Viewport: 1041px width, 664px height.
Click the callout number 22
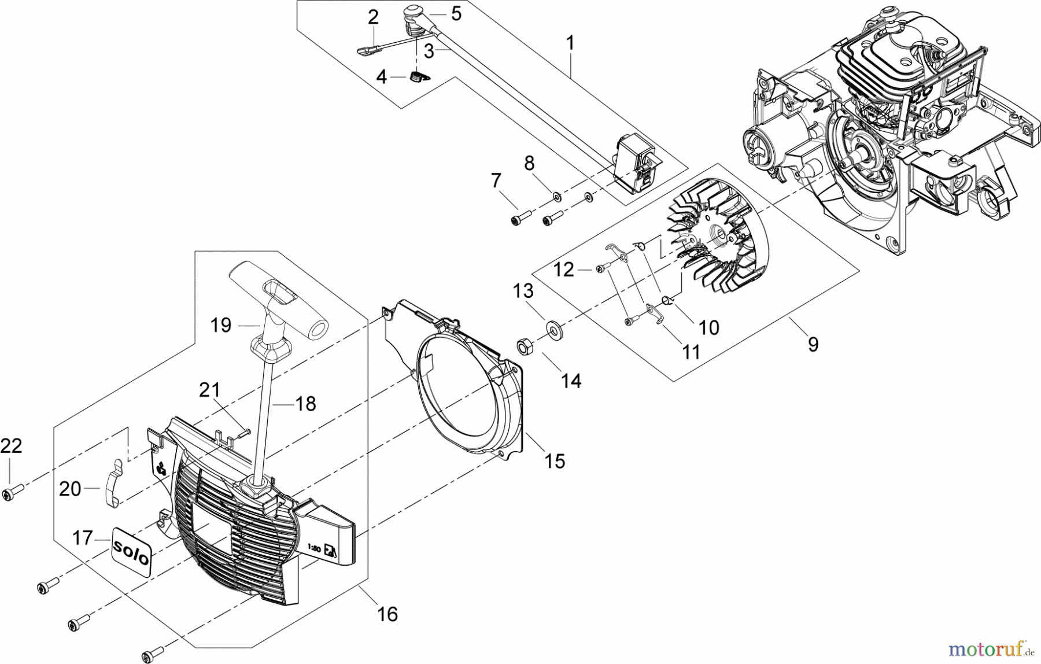coord(11,446)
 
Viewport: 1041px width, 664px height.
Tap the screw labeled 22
coord(12,493)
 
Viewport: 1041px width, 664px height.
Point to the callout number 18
coord(305,404)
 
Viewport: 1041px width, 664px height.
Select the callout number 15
coord(555,461)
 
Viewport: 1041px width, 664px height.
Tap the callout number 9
coord(813,345)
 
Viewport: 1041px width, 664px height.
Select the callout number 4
coord(381,76)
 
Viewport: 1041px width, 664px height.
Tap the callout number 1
coord(570,43)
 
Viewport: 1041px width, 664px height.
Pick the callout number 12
coord(564,270)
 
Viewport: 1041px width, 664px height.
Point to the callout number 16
coord(387,614)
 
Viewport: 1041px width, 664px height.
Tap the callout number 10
coord(709,327)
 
